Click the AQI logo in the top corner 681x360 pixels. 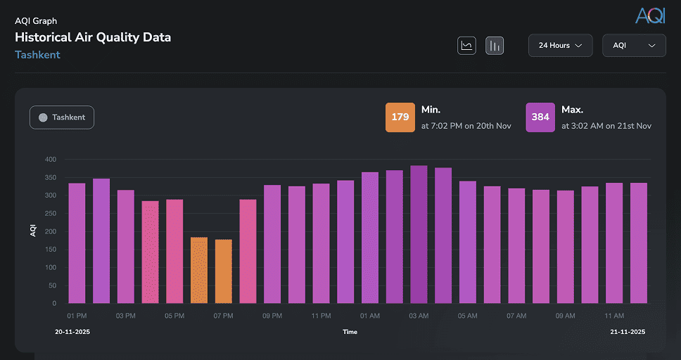pos(649,15)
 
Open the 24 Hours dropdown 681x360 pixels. pos(560,46)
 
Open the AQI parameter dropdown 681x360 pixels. pos(634,46)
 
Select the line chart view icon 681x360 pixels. pos(466,46)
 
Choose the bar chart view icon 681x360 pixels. pos(495,46)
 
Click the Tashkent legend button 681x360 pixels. pos(62,117)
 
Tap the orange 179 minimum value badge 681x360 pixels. pos(400,117)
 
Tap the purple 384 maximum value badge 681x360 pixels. pos(540,117)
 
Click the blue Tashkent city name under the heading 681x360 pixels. pos(37,55)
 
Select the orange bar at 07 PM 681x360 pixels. pos(223,271)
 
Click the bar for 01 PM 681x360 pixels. pos(77,243)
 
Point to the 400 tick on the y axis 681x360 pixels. pos(50,160)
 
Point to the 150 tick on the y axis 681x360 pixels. pos(50,250)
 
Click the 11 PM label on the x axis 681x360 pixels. pos(321,316)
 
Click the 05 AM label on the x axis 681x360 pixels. pos(468,316)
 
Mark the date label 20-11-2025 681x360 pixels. pos(72,332)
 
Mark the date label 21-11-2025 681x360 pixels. pos(627,332)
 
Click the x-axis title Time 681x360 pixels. pos(350,332)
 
